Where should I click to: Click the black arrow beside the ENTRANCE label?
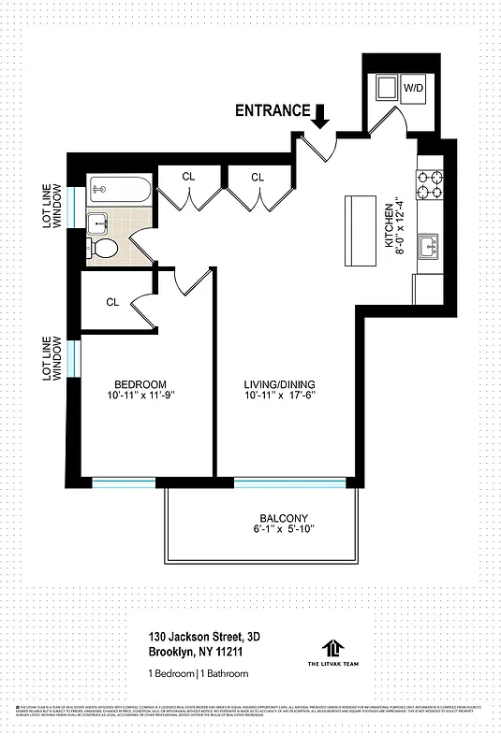pyautogui.click(x=320, y=115)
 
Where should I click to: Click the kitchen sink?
pyautogui.click(x=430, y=247)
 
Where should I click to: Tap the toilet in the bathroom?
pyautogui.click(x=103, y=248)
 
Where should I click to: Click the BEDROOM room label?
pyautogui.click(x=140, y=384)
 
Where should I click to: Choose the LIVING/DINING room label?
pyautogui.click(x=279, y=384)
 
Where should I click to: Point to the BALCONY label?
pyautogui.click(x=283, y=519)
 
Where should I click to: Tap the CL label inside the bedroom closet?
pyautogui.click(x=112, y=302)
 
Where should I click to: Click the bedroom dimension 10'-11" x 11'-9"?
pyautogui.click(x=140, y=396)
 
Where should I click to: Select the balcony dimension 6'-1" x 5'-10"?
pyautogui.click(x=283, y=531)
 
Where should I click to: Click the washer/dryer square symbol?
pyautogui.click(x=385, y=88)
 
